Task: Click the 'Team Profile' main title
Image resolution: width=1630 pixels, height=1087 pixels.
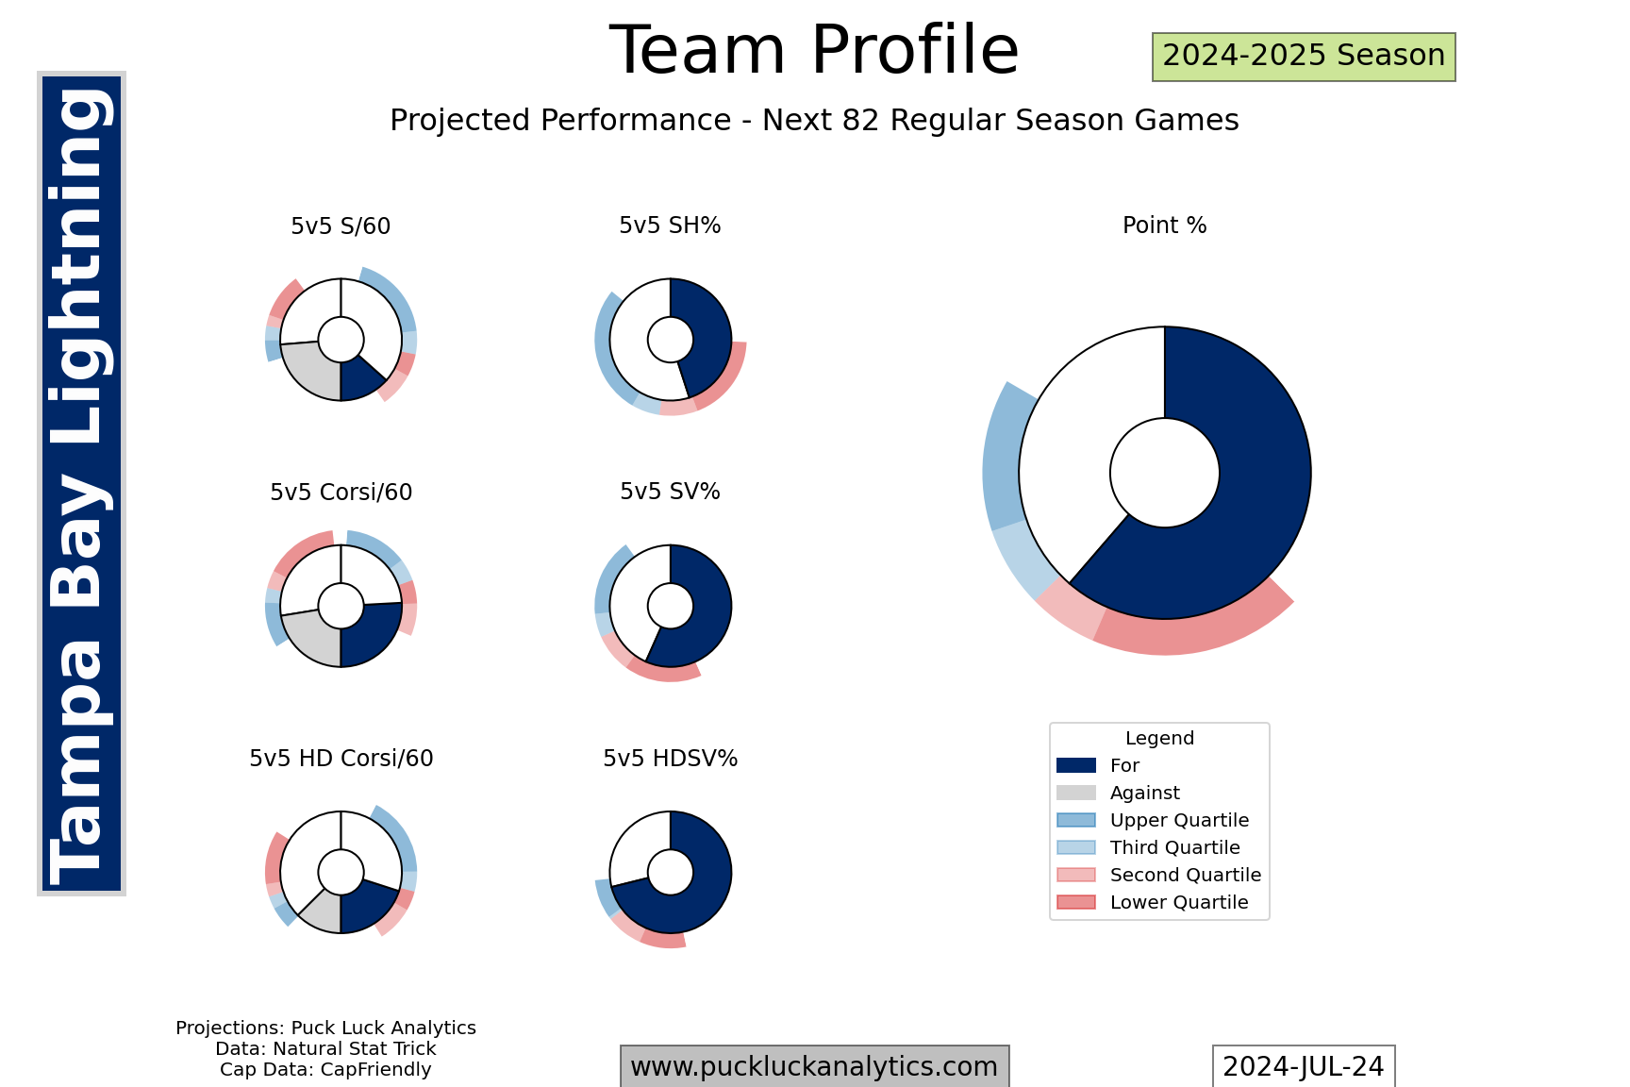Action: (x=814, y=51)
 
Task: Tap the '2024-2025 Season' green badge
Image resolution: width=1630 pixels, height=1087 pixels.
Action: (x=1304, y=57)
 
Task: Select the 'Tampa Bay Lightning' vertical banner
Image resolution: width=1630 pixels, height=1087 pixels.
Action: (x=81, y=483)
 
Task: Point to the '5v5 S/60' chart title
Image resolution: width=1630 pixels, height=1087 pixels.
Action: (x=341, y=226)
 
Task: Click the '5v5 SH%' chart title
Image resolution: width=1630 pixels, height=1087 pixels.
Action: (x=670, y=226)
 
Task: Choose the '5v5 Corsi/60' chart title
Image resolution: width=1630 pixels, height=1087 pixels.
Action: (x=341, y=493)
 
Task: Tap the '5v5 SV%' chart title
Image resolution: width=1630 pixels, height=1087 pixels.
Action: (x=670, y=492)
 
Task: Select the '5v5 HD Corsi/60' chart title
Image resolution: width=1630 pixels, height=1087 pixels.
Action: (x=341, y=759)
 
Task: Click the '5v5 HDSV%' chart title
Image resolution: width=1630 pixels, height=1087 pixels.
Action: (x=670, y=759)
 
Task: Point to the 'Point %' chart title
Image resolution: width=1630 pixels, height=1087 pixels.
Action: (x=1164, y=226)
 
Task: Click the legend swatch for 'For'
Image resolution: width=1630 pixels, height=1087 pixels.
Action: (x=1076, y=765)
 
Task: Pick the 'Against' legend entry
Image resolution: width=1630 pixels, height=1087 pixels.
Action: (x=1144, y=794)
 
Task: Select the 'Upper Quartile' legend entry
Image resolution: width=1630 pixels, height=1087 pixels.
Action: (x=1178, y=821)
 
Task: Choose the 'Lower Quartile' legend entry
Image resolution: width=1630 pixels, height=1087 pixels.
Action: (x=1178, y=903)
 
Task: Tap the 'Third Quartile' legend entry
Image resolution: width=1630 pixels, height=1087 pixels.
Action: (x=1174, y=848)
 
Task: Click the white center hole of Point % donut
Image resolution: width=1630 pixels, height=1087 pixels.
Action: (x=1164, y=473)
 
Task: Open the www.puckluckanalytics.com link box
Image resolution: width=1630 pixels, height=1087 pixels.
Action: (x=814, y=1066)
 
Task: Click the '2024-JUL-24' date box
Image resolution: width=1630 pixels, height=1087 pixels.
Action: (x=1303, y=1066)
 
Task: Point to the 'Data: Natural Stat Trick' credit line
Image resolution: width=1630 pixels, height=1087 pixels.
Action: (x=325, y=1048)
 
